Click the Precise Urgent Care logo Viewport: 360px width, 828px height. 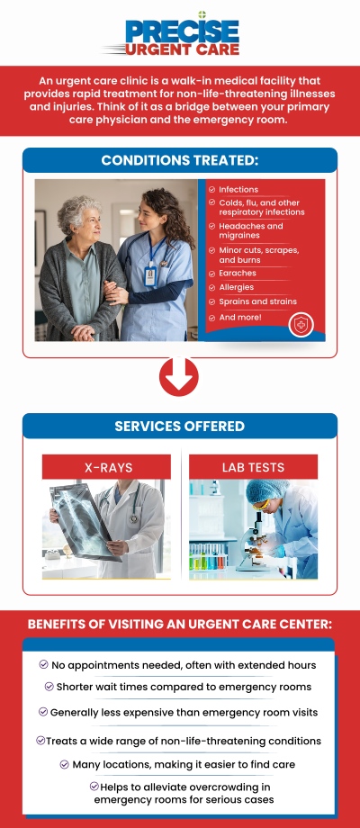180,34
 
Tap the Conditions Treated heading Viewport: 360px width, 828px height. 180,160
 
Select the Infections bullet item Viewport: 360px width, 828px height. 238,190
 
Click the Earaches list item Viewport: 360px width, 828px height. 238,273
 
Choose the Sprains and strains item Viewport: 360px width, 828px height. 257,301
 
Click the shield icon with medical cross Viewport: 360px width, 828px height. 301,325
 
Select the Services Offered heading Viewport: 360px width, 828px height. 180,426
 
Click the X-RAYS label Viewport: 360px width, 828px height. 106,467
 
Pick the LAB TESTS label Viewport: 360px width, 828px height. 253,467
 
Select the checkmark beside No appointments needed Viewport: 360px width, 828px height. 44,664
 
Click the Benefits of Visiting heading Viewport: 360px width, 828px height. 180,624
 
